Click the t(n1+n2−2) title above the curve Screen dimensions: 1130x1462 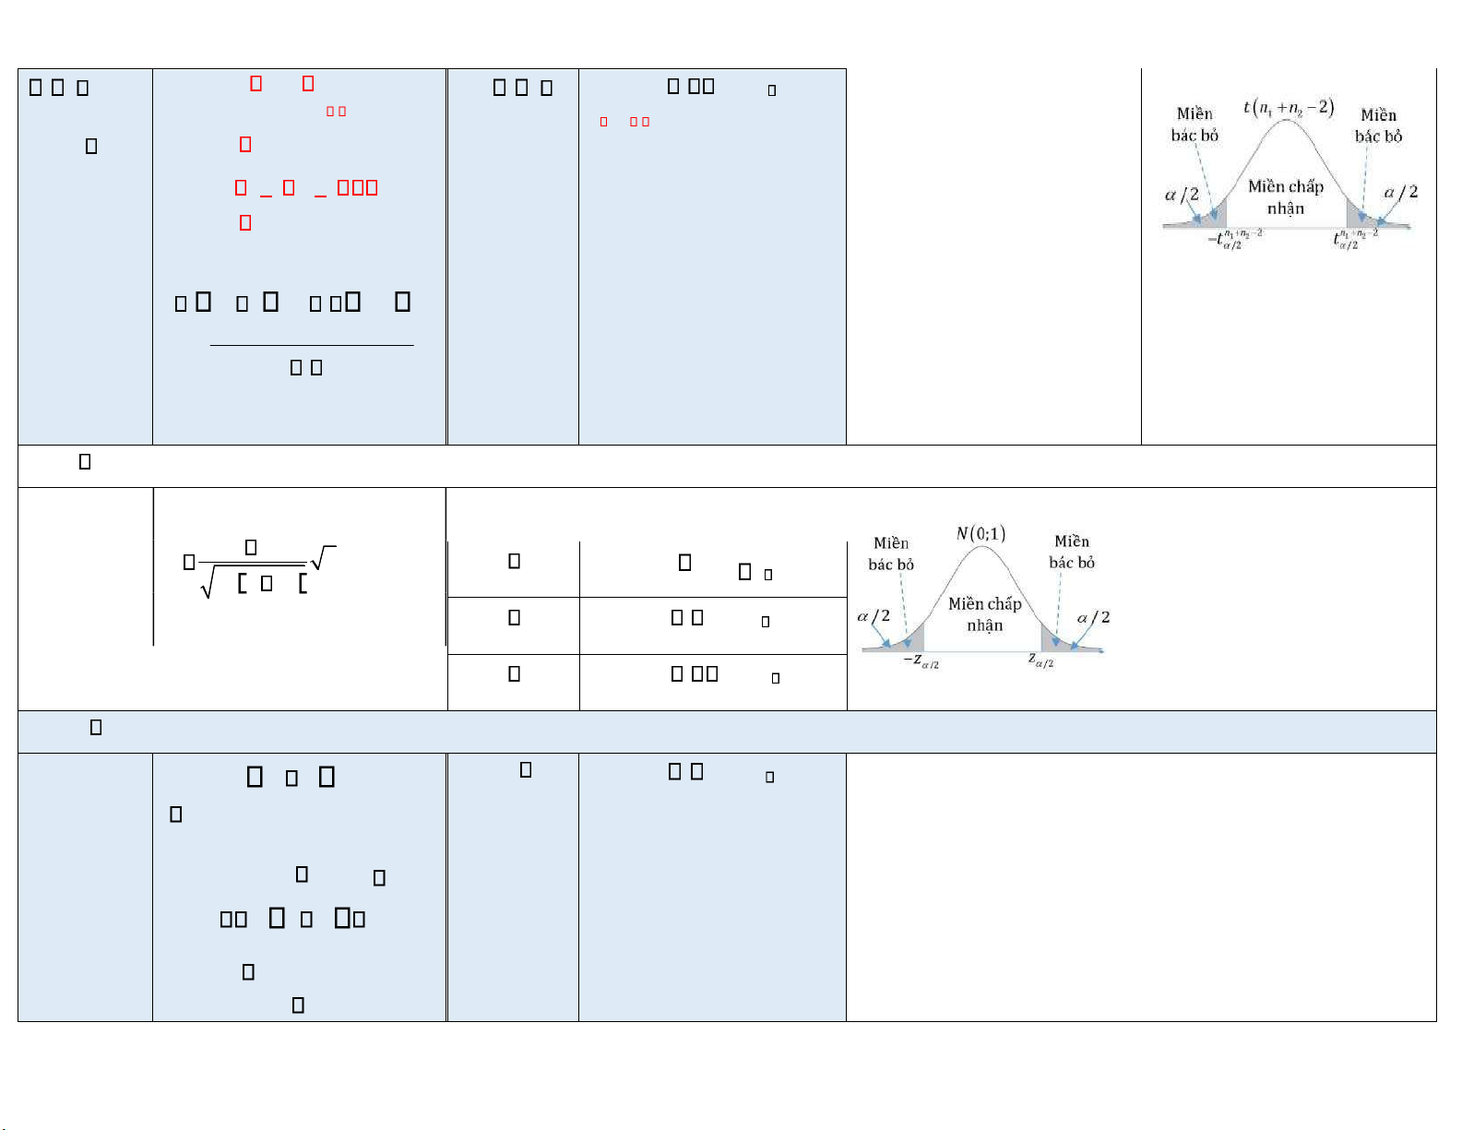pyautogui.click(x=1289, y=107)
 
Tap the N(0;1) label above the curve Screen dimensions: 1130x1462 pyautogui.click(x=981, y=533)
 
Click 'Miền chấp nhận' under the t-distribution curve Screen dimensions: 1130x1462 pyautogui.click(x=1285, y=197)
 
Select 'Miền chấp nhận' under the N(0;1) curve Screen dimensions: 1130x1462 pyautogui.click(x=984, y=614)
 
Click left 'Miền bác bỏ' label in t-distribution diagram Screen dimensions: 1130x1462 pyautogui.click(x=1195, y=125)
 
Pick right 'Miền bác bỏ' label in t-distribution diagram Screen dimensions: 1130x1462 pyautogui.click(x=1378, y=125)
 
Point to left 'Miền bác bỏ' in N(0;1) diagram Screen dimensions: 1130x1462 pyautogui.click(x=891, y=553)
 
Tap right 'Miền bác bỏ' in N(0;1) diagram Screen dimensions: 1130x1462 pyautogui.click(x=1072, y=552)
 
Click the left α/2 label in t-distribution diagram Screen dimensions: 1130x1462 pyautogui.click(x=1182, y=195)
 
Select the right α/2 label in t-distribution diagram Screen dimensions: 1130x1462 pyautogui.click(x=1400, y=192)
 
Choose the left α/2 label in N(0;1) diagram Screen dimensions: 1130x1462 pyautogui.click(x=874, y=615)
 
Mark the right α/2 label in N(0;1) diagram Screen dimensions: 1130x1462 pyautogui.click(x=1093, y=617)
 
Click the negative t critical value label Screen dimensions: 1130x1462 pyautogui.click(x=1234, y=240)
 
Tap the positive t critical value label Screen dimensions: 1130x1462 pyautogui.click(x=1354, y=240)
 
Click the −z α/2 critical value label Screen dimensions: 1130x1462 pyautogui.click(x=921, y=661)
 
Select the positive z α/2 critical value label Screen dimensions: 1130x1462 pyautogui.click(x=1040, y=660)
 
